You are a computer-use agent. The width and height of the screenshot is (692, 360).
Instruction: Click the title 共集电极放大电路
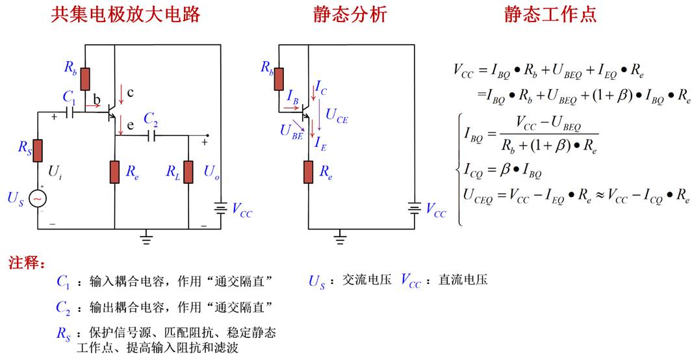125,14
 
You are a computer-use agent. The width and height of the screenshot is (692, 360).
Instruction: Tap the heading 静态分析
350,14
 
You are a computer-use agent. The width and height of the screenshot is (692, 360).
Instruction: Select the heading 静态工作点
550,14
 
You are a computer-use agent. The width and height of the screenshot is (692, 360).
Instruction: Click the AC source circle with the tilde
38,199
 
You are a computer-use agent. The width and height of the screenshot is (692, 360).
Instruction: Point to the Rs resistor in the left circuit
38,151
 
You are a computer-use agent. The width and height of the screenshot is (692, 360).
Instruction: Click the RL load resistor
188,172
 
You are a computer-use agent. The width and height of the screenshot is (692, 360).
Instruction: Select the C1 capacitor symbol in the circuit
70,112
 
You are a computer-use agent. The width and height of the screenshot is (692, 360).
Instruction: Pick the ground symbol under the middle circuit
339,238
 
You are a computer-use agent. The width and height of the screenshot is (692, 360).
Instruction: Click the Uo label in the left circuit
211,172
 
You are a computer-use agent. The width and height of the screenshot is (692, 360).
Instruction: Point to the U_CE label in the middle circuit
337,116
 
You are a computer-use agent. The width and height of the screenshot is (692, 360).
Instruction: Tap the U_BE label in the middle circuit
291,132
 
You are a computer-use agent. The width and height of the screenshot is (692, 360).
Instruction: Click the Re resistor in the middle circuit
309,172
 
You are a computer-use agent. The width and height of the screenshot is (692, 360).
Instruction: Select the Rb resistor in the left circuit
85,79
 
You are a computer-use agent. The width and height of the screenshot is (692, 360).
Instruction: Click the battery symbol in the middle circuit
415,208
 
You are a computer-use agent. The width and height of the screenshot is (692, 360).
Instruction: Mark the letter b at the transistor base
97,99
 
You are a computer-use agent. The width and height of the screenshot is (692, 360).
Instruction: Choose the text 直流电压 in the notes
463,279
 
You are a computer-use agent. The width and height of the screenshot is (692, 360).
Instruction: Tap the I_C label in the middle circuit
321,88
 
